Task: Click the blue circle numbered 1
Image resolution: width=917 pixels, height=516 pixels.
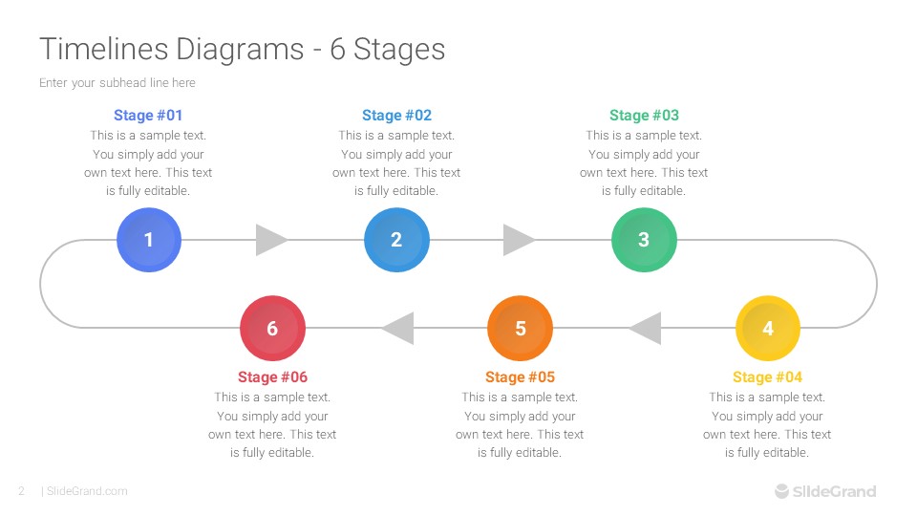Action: click(149, 240)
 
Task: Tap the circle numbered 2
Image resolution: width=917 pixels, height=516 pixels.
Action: click(396, 240)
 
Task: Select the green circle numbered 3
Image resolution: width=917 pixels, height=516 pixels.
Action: click(644, 240)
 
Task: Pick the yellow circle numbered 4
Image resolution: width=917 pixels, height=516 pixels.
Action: click(768, 329)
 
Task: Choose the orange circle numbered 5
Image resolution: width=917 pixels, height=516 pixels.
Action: click(521, 329)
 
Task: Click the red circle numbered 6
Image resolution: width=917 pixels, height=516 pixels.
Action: click(272, 329)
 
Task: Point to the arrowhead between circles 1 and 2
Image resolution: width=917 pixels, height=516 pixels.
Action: click(271, 240)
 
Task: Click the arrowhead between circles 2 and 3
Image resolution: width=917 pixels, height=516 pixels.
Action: click(519, 240)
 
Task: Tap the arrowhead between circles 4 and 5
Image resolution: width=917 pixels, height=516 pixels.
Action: click(645, 329)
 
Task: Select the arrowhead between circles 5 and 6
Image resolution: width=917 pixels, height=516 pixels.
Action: click(397, 329)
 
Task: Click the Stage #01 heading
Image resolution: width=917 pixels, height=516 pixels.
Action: click(148, 116)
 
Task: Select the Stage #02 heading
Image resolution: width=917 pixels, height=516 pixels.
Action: click(396, 116)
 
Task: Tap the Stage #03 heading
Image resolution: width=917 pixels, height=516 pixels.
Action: click(644, 116)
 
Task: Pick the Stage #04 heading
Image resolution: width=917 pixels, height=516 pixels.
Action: click(767, 377)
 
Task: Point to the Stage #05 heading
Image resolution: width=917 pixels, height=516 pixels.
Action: click(520, 377)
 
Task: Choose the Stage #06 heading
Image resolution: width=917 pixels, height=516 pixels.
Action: click(272, 377)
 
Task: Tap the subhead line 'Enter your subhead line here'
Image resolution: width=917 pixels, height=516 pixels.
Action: click(117, 83)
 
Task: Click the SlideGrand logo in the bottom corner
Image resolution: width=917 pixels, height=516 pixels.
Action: click(824, 491)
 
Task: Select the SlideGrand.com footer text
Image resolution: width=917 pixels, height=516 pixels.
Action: click(87, 491)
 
